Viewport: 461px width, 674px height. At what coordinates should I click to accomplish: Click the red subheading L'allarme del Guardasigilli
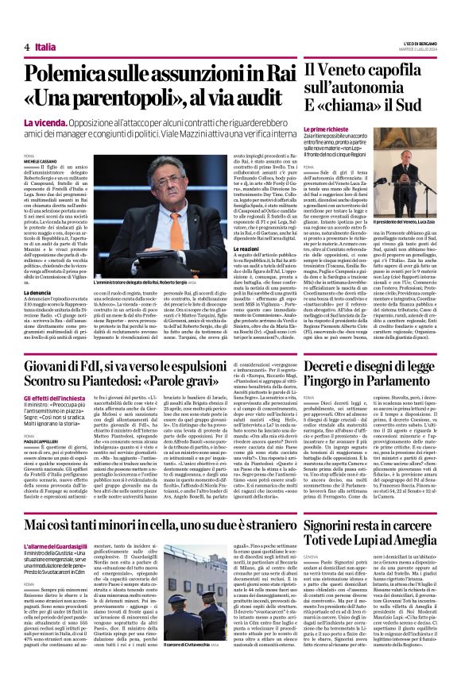[56, 545]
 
